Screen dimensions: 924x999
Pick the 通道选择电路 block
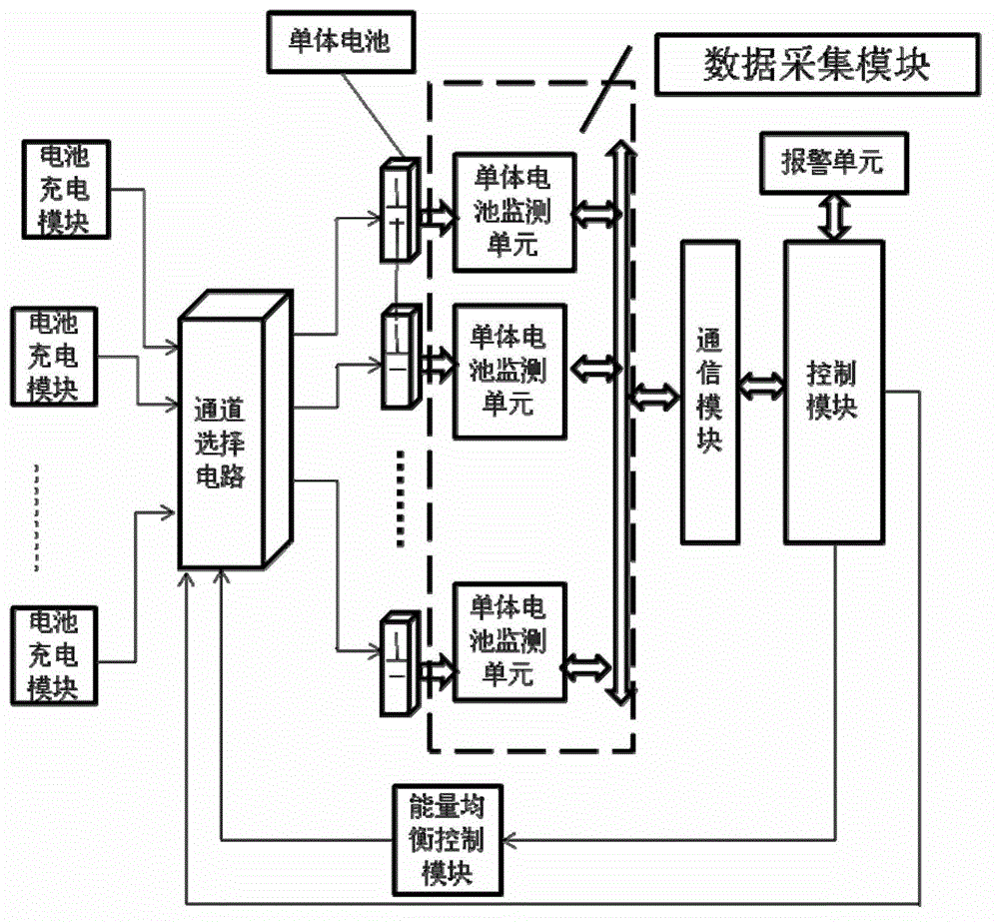(x=226, y=441)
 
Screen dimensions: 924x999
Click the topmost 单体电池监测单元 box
(x=513, y=212)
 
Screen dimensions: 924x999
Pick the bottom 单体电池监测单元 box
(x=513, y=640)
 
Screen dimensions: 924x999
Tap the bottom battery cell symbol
(x=397, y=663)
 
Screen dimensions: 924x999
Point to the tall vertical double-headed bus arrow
(x=621, y=420)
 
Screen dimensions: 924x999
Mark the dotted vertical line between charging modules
(x=39, y=517)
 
